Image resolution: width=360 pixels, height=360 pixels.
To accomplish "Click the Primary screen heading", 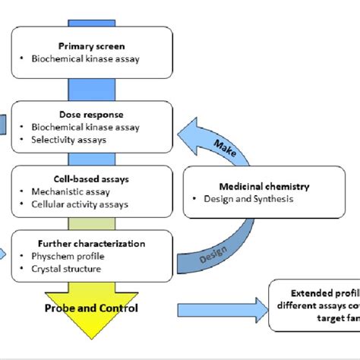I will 91,46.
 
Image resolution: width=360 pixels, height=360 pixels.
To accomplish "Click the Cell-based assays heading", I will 90,179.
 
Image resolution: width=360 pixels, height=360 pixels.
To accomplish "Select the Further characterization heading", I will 90,244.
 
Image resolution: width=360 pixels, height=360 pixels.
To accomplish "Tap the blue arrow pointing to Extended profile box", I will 220,309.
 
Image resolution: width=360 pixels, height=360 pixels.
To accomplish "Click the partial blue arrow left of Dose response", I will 4,122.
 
